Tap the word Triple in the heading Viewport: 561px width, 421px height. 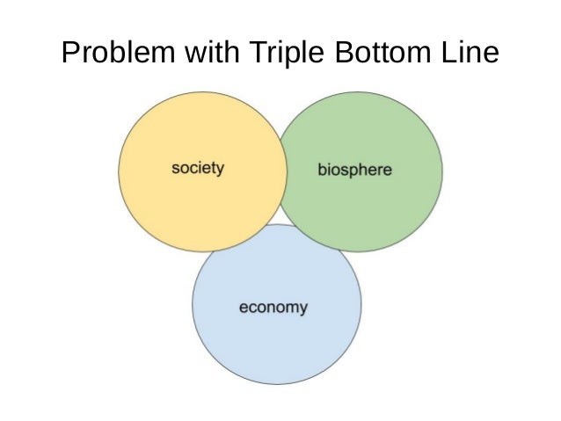click(x=282, y=54)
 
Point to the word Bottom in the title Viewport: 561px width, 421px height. click(x=378, y=54)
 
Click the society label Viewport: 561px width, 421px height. click(x=198, y=168)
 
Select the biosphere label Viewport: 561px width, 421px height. click(x=354, y=169)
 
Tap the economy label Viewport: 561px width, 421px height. click(x=273, y=308)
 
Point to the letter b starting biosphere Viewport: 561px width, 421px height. click(x=321, y=168)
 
